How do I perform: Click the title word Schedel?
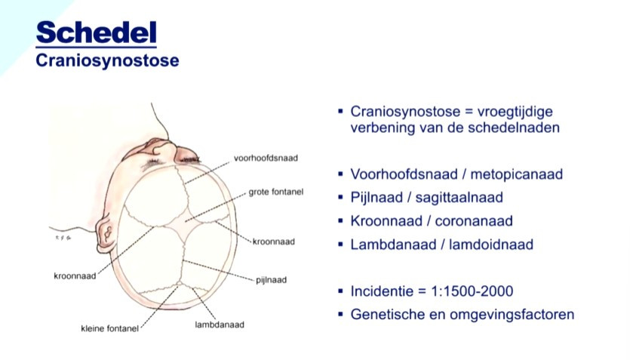(x=96, y=32)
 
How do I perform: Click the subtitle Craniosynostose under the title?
(x=107, y=60)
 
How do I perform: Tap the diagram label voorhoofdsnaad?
(x=266, y=158)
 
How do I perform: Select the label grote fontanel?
(x=276, y=192)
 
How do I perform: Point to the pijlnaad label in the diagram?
(x=271, y=280)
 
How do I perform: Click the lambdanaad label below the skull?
(x=220, y=325)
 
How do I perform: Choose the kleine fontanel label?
(x=109, y=328)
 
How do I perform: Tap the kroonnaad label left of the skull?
(x=75, y=276)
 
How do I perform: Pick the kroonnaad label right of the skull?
(x=274, y=242)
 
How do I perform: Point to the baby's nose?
(x=164, y=149)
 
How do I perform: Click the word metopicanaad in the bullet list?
(x=516, y=174)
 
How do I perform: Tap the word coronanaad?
(x=474, y=221)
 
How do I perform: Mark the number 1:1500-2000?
(x=472, y=291)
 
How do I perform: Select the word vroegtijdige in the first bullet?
(x=515, y=112)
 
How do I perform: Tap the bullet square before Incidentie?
(x=341, y=291)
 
